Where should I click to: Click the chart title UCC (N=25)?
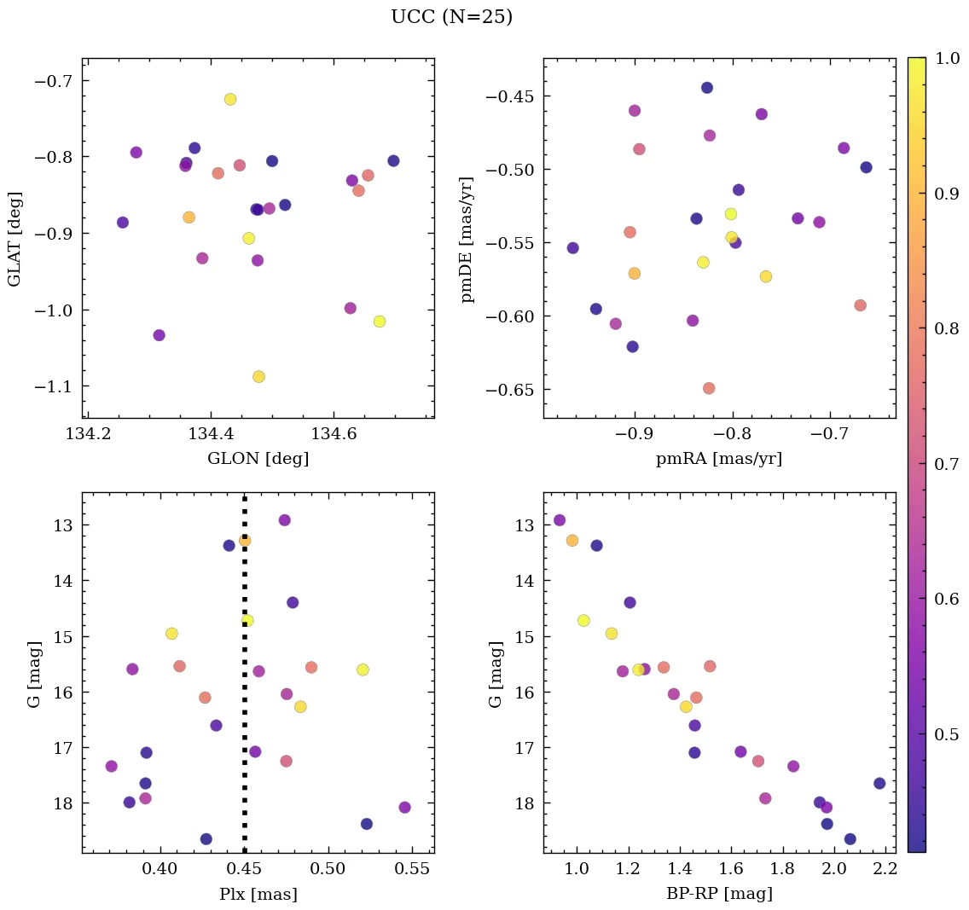(451, 17)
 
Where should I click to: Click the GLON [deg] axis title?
(258, 459)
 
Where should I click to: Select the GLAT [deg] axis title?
(15, 239)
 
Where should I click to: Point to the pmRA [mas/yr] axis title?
(718, 459)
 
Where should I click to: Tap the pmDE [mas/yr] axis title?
(467, 239)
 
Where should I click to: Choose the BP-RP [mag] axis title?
(718, 894)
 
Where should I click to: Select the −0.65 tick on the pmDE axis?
(508, 390)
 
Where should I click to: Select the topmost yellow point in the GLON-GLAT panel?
(230, 99)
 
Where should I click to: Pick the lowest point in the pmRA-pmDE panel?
(708, 388)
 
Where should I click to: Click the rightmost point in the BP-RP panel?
(879, 783)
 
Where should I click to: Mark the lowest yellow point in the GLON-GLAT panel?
(258, 377)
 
